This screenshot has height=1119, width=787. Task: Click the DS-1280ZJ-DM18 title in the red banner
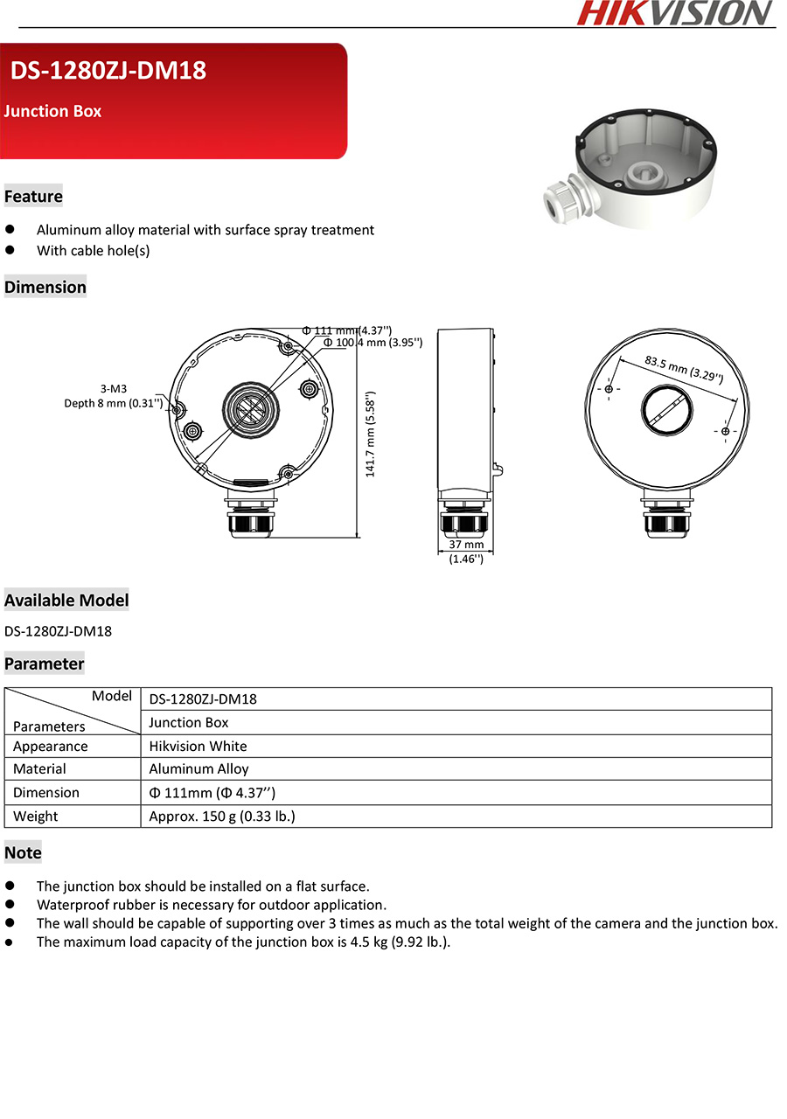tap(108, 71)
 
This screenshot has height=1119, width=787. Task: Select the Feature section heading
tap(33, 197)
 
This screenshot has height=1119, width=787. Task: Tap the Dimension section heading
tap(45, 287)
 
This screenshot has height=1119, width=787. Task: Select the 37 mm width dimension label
tap(466, 545)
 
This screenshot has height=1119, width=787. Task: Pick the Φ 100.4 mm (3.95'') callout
tap(373, 343)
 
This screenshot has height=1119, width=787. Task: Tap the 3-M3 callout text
tap(114, 388)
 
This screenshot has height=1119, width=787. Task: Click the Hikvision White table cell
tap(198, 746)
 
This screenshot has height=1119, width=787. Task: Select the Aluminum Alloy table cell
tap(199, 769)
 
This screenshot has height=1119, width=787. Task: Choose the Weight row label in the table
tap(36, 817)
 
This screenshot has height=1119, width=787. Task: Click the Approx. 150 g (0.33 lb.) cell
tap(222, 817)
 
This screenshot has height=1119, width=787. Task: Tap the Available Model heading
tap(66, 601)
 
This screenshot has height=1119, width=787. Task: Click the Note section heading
tap(23, 852)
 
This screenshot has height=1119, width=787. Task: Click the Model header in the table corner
tap(111, 697)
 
